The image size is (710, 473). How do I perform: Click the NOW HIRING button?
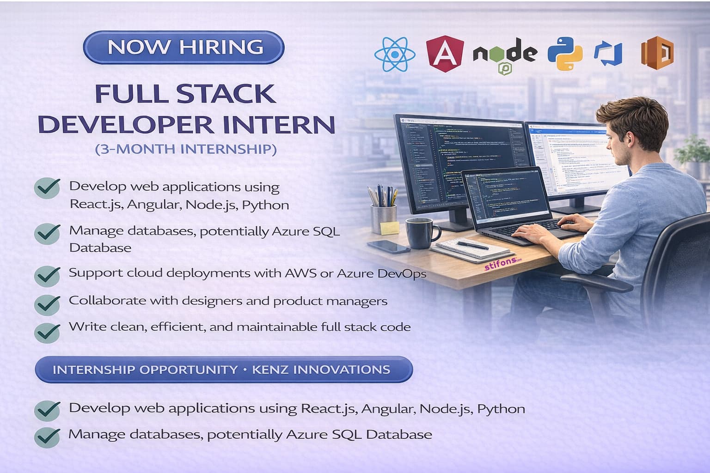pyautogui.click(x=184, y=47)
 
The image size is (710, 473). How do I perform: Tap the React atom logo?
pyautogui.click(x=394, y=54)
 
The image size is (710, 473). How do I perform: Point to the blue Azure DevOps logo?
pyautogui.click(x=608, y=54)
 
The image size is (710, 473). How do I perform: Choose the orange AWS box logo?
pyautogui.click(x=657, y=53)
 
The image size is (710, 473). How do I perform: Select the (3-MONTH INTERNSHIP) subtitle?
pyautogui.click(x=186, y=149)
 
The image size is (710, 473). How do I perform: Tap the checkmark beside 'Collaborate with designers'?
pyautogui.click(x=47, y=304)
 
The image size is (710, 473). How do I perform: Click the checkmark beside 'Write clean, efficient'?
pyautogui.click(x=47, y=331)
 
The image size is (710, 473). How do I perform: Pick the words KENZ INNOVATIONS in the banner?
pyautogui.click(x=321, y=370)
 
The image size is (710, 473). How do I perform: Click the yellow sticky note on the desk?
pyautogui.click(x=389, y=227)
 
